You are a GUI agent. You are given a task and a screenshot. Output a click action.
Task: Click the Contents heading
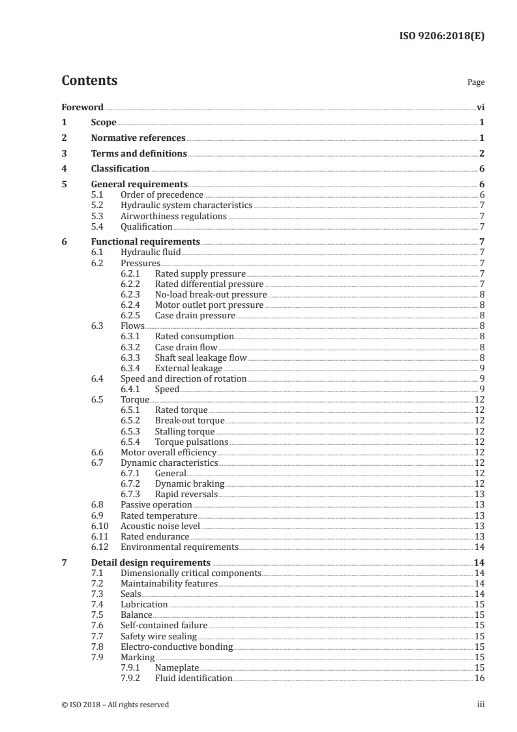pyautogui.click(x=89, y=81)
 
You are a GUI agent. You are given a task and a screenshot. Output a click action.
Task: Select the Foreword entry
pyautogui.click(x=82, y=107)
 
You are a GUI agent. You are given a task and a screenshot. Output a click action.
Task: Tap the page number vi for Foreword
pyautogui.click(x=480, y=107)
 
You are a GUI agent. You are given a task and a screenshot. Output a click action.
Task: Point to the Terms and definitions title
pyautogui.click(x=139, y=154)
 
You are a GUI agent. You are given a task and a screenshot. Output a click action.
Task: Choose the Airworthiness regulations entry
pyautogui.click(x=173, y=216)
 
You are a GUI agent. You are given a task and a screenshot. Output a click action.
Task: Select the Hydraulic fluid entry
pyautogui.click(x=151, y=252)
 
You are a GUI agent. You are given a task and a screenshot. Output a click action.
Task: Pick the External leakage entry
pyautogui.click(x=188, y=368)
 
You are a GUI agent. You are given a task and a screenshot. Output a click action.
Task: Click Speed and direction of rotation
pyautogui.click(x=183, y=378)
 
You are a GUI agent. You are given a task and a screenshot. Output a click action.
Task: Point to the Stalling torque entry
pyautogui.click(x=184, y=431)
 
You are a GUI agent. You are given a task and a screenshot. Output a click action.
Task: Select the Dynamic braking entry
pyautogui.click(x=189, y=483)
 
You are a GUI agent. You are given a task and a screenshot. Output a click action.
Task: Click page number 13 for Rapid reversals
pyautogui.click(x=479, y=494)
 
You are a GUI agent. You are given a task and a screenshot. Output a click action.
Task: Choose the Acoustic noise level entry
pyautogui.click(x=160, y=525)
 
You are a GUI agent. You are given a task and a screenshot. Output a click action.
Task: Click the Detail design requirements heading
pyautogui.click(x=150, y=562)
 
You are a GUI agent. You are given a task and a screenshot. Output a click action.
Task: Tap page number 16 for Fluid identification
pyautogui.click(x=479, y=678)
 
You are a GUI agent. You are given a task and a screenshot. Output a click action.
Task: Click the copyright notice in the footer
pyautogui.click(x=115, y=705)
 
